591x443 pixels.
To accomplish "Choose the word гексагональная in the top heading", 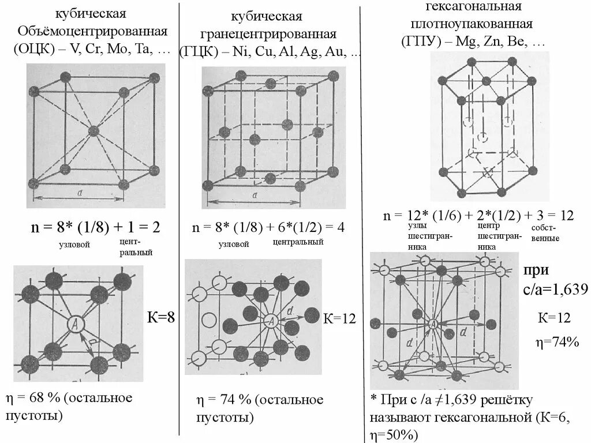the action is tap(473, 6).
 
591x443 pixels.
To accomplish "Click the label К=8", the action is tap(162, 316).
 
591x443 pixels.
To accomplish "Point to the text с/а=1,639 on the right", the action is tap(555, 288).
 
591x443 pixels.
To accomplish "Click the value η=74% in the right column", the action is tap(557, 342).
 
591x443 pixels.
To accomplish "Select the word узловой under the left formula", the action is tap(75, 245).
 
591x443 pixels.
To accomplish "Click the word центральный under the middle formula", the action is tap(298, 242).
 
